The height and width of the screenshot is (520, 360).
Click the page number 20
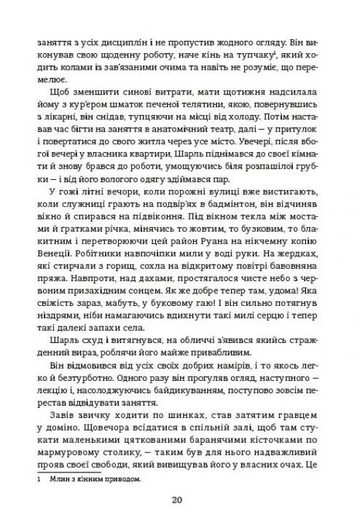[x=179, y=499]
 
